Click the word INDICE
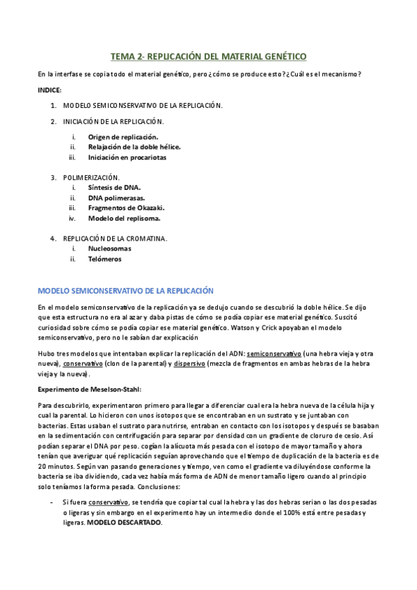[x=49, y=90]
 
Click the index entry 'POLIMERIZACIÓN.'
[x=91, y=177]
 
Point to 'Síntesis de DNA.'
[x=114, y=188]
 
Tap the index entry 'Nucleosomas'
[x=109, y=248]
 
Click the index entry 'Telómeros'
[x=104, y=259]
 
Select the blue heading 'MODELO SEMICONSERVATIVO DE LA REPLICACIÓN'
[x=125, y=289]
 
